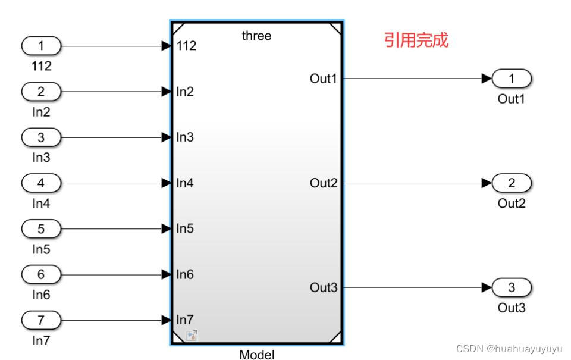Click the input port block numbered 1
(x=41, y=45)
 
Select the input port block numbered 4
(x=41, y=183)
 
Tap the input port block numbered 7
(x=41, y=320)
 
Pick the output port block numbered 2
(x=511, y=183)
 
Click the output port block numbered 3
(x=511, y=288)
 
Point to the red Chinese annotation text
(x=416, y=40)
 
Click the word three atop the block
(x=256, y=36)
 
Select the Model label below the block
(x=257, y=355)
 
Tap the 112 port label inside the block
(x=187, y=46)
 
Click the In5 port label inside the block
(x=185, y=228)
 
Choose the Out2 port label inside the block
(x=324, y=183)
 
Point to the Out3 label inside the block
(x=324, y=288)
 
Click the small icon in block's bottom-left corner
(x=192, y=336)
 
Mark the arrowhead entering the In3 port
(x=167, y=137)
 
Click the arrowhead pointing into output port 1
(x=487, y=78)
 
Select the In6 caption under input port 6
(x=41, y=295)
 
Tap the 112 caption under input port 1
(x=41, y=66)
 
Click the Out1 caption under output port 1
(x=511, y=99)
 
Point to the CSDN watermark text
(x=509, y=349)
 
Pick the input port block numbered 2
(x=41, y=92)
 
